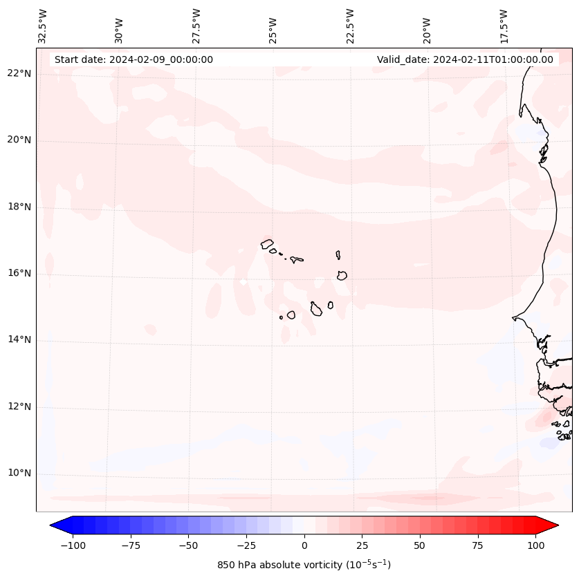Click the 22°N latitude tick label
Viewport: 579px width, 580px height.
[x=19, y=74]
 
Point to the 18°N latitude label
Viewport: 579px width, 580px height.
[x=19, y=207]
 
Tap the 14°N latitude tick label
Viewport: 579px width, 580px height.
[x=19, y=339]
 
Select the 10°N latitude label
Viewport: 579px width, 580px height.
[x=19, y=473]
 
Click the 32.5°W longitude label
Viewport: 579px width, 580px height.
[x=43, y=26]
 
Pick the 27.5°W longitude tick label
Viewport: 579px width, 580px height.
[x=196, y=26]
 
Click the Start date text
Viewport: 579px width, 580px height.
[x=134, y=59]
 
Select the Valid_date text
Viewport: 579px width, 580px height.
[x=465, y=59]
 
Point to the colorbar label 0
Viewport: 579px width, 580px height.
[x=304, y=545]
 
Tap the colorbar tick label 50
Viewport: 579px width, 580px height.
[x=419, y=545]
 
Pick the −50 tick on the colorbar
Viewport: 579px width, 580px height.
[x=188, y=545]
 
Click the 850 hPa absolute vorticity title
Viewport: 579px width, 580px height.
[x=304, y=565]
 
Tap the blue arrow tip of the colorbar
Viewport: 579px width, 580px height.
[x=55, y=525]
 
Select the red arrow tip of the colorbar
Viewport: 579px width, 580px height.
[x=554, y=525]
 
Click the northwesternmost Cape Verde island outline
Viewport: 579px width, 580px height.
[x=267, y=244]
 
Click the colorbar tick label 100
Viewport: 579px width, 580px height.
[x=535, y=545]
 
